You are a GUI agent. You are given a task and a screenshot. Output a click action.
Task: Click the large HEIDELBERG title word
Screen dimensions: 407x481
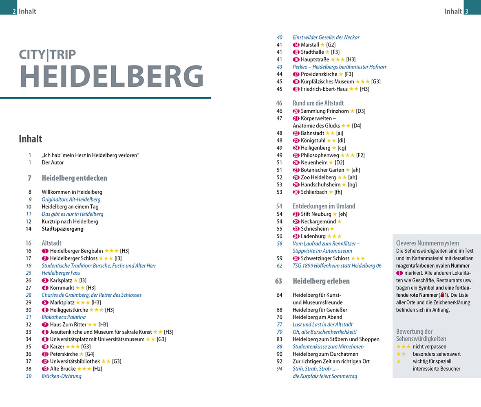pyautogui.click(x=111, y=76)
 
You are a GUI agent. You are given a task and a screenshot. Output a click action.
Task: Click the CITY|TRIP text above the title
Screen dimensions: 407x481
pyautogui.click(x=47, y=55)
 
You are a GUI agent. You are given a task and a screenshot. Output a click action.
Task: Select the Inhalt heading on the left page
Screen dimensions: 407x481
pyautogui.click(x=31, y=139)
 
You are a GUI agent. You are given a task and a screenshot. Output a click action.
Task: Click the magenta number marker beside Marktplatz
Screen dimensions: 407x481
pyautogui.click(x=45, y=302)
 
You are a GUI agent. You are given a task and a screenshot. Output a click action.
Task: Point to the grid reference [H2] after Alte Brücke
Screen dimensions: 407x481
pyautogui.click(x=97, y=369)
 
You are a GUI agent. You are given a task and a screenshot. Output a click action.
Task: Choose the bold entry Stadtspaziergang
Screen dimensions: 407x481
pyautogui.click(x=62, y=229)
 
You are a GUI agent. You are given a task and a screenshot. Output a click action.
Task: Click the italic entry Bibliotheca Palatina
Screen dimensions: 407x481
pyautogui.click(x=64, y=317)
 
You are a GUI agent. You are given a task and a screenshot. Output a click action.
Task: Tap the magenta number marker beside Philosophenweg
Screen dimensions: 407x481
pyautogui.click(x=296, y=155)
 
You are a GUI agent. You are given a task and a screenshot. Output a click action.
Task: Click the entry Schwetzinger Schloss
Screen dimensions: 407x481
pyautogui.click(x=325, y=258)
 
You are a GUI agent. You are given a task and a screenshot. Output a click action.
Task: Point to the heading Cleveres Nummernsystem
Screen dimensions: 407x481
pyautogui.click(x=427, y=243)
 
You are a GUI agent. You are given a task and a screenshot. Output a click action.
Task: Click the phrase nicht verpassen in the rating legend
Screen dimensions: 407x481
pyautogui.click(x=429, y=347)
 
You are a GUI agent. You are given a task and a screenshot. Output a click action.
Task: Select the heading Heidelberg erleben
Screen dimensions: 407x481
pyautogui.click(x=321, y=281)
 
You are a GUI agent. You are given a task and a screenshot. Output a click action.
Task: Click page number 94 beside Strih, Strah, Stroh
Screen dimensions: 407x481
pyautogui.click(x=279, y=369)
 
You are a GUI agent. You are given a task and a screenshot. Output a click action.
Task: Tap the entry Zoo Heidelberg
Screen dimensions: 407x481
pyautogui.click(x=318, y=177)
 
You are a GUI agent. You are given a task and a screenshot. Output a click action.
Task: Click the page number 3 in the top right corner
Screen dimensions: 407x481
pyautogui.click(x=466, y=11)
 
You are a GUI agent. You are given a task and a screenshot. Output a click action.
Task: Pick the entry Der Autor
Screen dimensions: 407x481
pyautogui.click(x=53, y=162)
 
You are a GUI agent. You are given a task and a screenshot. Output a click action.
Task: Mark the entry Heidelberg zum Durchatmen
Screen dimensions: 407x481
pyautogui.click(x=325, y=354)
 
